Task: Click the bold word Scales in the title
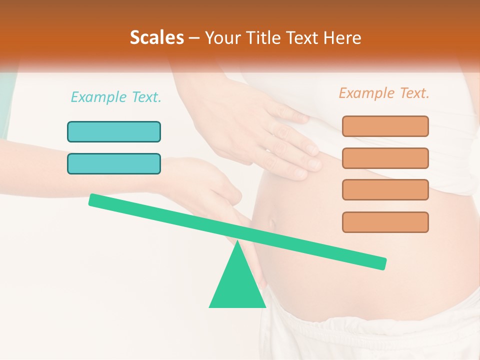157,38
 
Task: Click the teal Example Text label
116,97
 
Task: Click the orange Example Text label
384,93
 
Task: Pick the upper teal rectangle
114,131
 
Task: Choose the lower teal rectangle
114,163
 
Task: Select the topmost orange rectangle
385,126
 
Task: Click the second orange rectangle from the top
385,158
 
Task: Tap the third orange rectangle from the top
385,189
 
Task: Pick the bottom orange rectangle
385,222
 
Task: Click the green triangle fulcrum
237,285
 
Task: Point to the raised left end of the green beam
93,199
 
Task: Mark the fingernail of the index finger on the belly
313,149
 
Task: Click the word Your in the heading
221,38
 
